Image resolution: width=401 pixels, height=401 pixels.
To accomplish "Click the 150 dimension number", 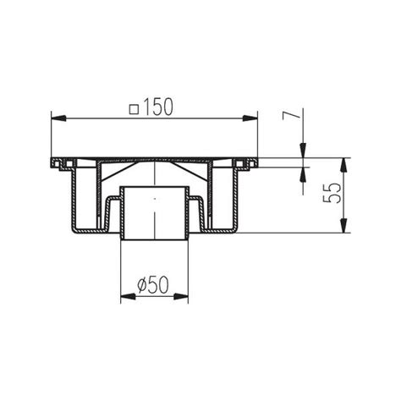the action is (x=158, y=107).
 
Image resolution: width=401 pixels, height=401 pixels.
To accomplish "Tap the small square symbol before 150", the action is (x=135, y=109).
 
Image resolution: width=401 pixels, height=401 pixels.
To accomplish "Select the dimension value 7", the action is (x=290, y=115).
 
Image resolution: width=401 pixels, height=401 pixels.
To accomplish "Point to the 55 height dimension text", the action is (x=332, y=193).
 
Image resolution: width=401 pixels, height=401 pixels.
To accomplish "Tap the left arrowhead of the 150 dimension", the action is (x=58, y=118).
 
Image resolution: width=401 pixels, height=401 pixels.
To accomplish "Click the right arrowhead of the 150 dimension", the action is (x=250, y=118).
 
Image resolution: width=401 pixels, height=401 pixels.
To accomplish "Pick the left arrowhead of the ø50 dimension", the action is (x=128, y=296).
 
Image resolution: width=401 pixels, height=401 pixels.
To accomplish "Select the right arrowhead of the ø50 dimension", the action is (x=181, y=296).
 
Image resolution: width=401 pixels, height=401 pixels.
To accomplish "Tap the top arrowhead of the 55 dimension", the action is (x=343, y=165).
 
